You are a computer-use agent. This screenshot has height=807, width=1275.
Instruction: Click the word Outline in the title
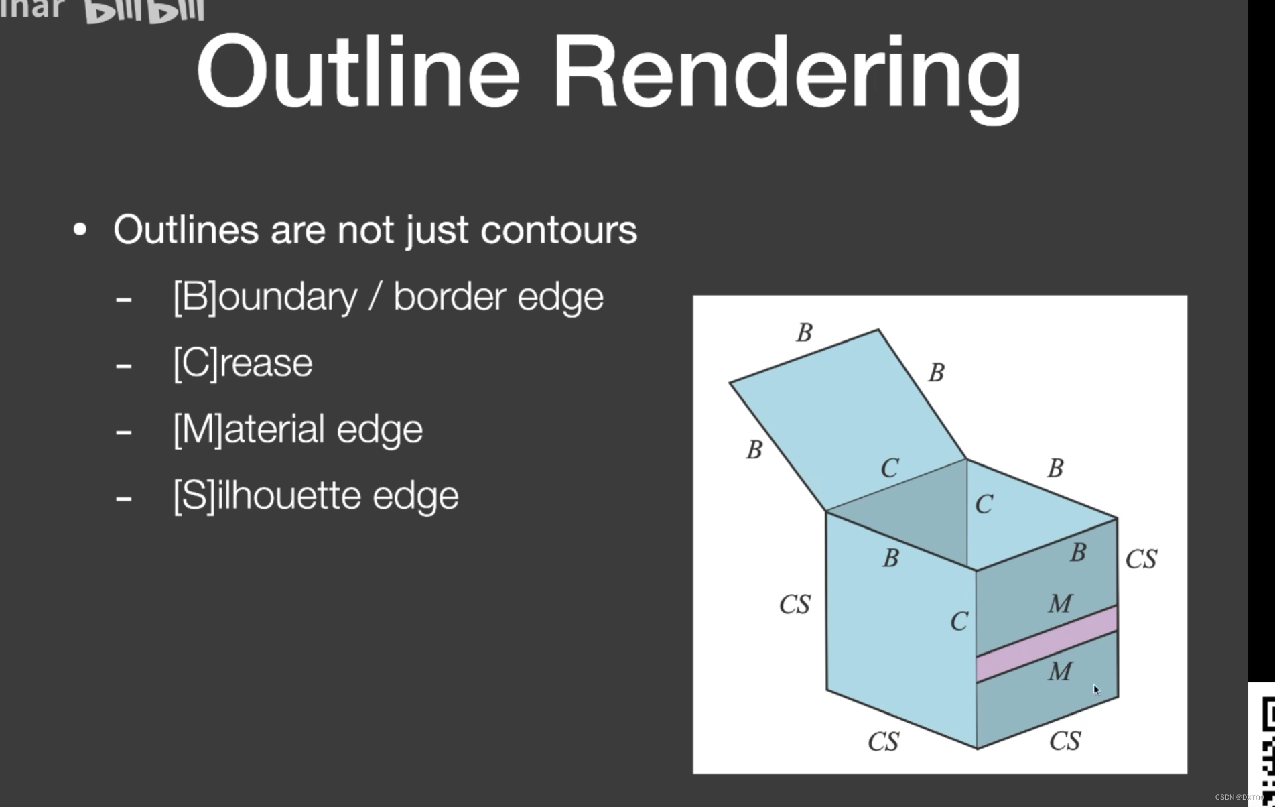point(358,72)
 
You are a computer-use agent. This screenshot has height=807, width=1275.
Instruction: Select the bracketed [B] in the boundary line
point(195,296)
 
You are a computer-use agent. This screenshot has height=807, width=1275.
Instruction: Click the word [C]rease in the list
point(243,363)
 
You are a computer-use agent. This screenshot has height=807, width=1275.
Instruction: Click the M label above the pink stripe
point(1060,604)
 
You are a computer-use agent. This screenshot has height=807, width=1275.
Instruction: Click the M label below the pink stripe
point(1060,671)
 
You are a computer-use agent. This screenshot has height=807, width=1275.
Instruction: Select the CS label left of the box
point(795,605)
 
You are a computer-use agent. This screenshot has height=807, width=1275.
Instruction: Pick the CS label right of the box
point(1141,559)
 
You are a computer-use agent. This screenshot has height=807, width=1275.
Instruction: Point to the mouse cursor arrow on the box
point(1096,689)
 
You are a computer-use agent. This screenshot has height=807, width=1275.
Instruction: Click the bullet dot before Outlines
point(80,230)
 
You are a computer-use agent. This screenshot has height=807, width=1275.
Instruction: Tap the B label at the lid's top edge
point(805,332)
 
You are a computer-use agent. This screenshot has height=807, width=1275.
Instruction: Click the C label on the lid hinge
point(890,468)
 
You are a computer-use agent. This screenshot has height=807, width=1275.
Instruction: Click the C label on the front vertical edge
point(959,621)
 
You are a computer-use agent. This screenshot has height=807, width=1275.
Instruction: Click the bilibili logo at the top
point(144,11)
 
